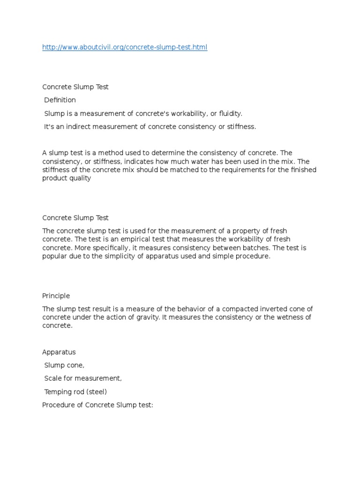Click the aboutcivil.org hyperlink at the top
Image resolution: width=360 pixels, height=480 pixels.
[x=125, y=47]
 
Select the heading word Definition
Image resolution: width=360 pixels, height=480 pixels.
[x=60, y=100]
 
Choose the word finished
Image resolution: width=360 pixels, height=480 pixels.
[x=302, y=170]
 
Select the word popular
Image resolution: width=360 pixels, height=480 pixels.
[x=54, y=256]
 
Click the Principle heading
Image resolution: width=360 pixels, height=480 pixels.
[x=56, y=296]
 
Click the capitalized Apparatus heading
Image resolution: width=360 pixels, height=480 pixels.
[x=59, y=352]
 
